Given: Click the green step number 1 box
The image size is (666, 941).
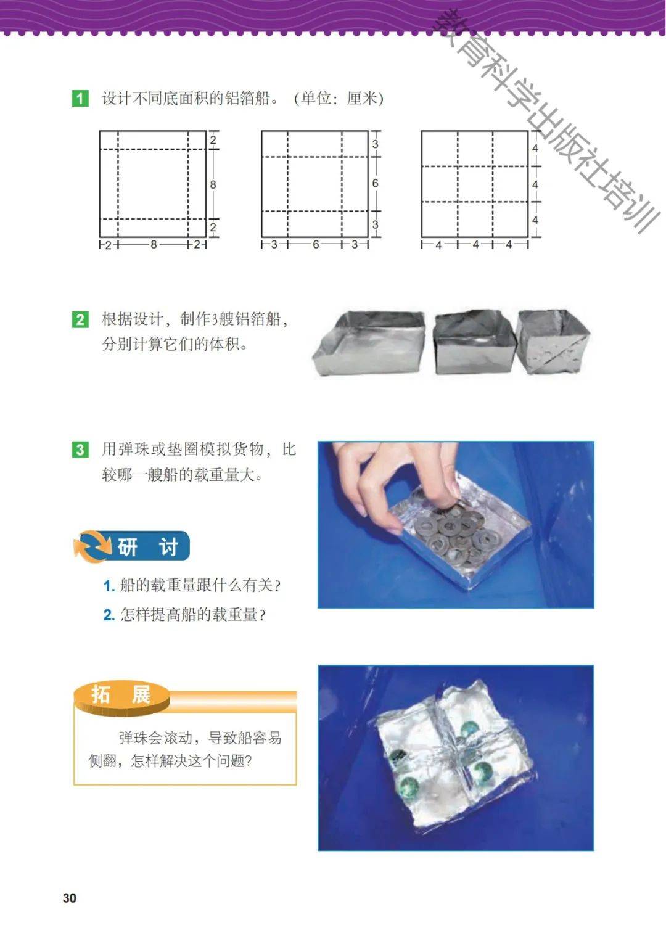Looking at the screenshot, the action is tap(80, 99).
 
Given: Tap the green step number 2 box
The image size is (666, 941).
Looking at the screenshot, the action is tap(80, 319).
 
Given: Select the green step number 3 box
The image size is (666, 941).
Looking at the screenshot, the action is tap(80, 450).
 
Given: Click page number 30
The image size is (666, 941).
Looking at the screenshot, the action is tap(70, 898).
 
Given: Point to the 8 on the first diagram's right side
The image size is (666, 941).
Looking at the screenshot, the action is tap(213, 184).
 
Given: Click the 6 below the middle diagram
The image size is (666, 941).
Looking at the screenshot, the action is tap(316, 244).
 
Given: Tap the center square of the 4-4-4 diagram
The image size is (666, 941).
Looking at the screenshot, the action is tap(475, 184).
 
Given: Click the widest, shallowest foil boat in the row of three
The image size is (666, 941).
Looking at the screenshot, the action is tap(369, 342).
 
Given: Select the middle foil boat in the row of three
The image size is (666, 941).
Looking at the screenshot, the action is tap(473, 342).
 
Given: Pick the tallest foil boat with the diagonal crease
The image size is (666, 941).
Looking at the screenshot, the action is tap(553, 342).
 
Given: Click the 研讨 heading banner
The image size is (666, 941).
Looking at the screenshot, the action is tap(133, 546).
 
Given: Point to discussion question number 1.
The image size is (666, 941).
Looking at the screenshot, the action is tap(192, 585).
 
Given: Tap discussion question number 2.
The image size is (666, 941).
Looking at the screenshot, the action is tap(185, 615).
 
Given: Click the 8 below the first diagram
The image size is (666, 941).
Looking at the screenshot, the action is tap(154, 244).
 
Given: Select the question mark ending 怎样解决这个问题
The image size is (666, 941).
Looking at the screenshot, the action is tap(248, 761).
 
